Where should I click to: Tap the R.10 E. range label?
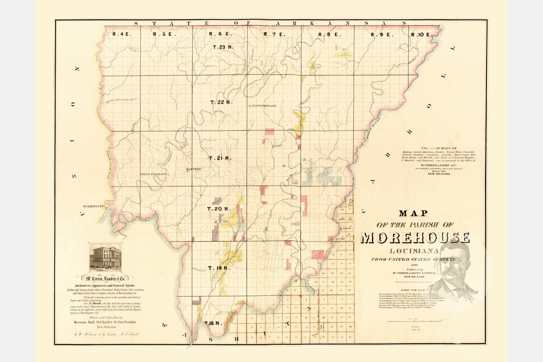(421, 35)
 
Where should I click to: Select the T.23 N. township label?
(223, 47)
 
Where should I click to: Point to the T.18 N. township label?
(212, 323)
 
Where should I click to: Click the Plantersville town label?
(264, 106)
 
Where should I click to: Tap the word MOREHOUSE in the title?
(415, 238)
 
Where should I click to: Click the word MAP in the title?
(414, 214)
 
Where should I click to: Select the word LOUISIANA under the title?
(415, 251)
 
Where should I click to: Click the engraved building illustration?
(106, 257)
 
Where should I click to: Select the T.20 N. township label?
(219, 209)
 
